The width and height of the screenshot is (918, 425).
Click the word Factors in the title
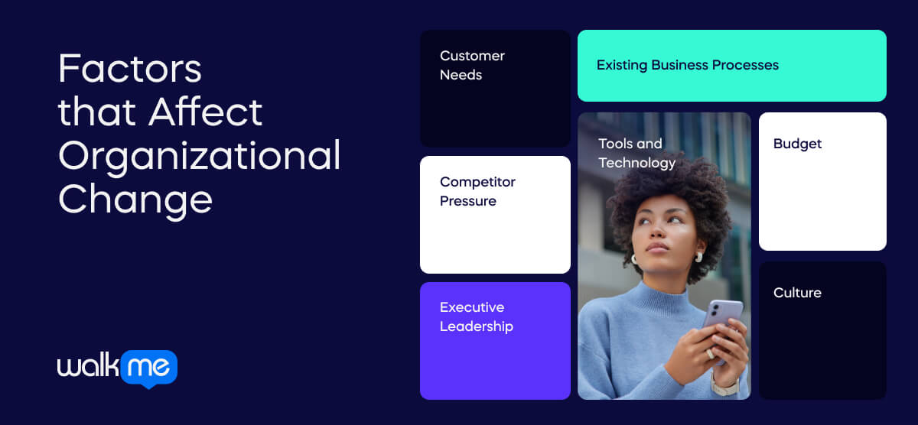[130, 70]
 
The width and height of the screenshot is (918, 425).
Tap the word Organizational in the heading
[199, 157]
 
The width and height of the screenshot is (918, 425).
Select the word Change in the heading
[135, 199]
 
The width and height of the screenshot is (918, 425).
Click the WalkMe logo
[117, 368]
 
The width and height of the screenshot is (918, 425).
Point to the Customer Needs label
[472, 65]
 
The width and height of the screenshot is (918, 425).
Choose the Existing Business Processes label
[687, 65]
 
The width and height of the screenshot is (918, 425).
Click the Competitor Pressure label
[477, 191]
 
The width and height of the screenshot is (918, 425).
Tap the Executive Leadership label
[476, 316]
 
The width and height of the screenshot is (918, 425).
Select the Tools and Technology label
[636, 153]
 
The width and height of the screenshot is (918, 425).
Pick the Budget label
[797, 144]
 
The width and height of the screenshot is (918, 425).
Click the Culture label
[797, 293]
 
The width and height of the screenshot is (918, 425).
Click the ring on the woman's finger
[709, 354]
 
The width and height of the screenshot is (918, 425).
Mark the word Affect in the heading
[206, 112]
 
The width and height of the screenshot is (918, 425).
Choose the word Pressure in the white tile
[468, 201]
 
